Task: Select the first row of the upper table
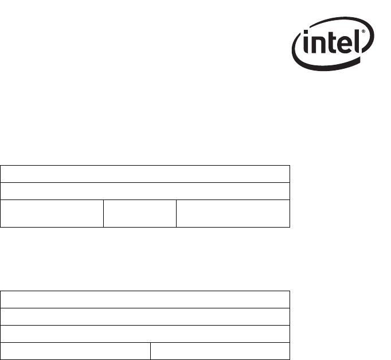(x=145, y=174)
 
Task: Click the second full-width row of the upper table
(x=145, y=191)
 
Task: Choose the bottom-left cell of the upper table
(x=52, y=214)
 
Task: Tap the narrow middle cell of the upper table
(x=140, y=214)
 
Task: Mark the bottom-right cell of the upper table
(x=233, y=214)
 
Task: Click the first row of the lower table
(x=145, y=300)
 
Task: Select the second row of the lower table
(x=145, y=317)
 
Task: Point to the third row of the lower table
(x=145, y=334)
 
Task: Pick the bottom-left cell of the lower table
(x=75, y=351)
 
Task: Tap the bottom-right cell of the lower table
(x=220, y=351)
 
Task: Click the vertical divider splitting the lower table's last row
(x=150, y=351)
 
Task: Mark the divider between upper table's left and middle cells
(x=104, y=214)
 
